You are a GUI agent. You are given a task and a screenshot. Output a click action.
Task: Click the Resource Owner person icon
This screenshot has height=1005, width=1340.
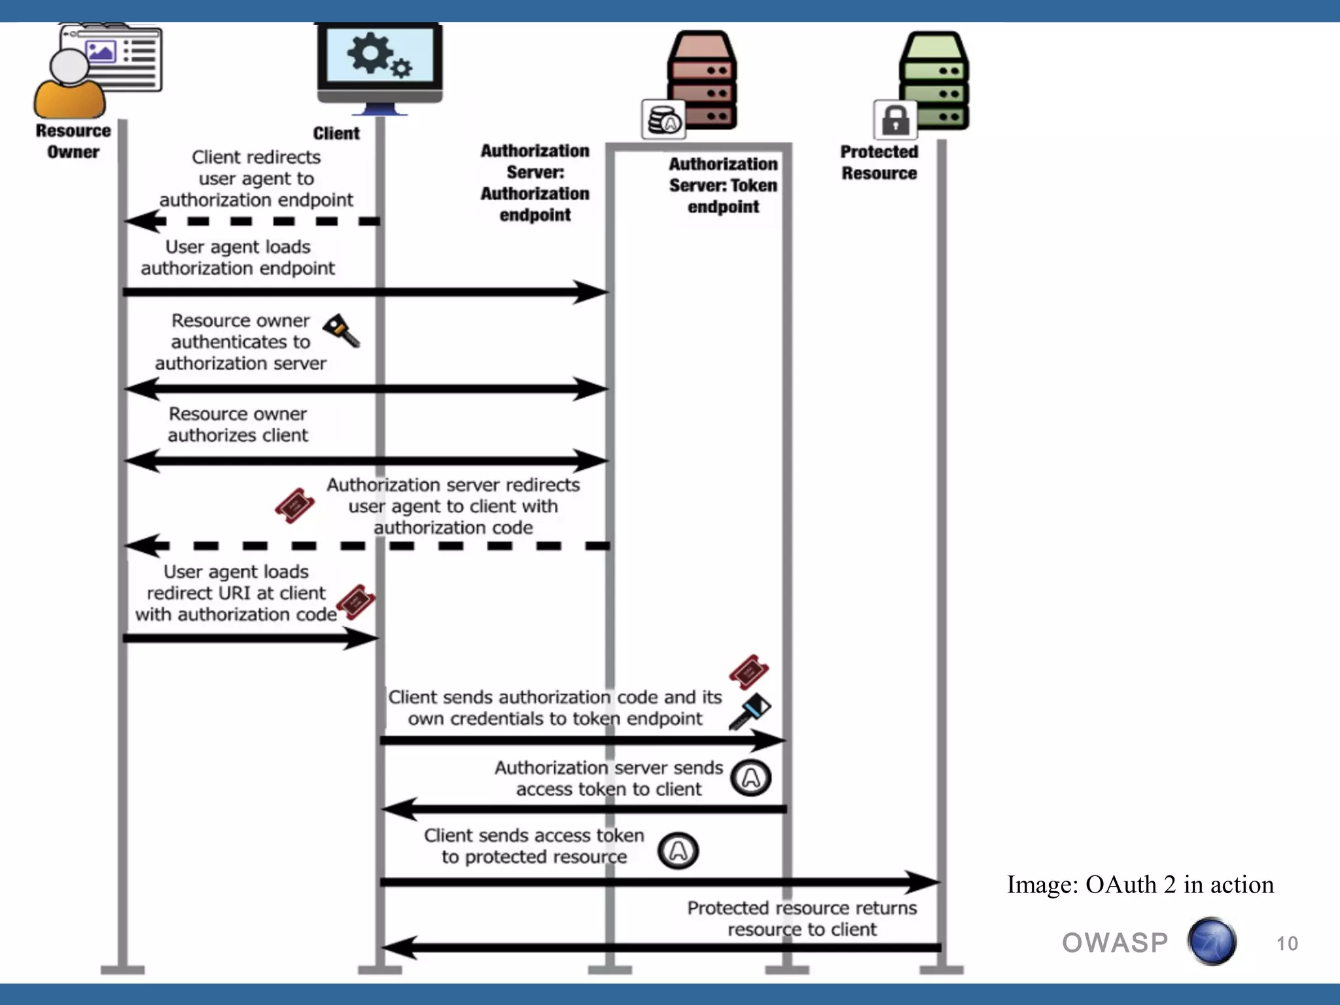70,85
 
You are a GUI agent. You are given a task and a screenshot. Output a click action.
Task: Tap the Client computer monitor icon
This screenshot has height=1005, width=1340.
379,65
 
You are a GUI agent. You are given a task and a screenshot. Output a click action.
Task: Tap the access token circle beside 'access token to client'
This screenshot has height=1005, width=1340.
750,778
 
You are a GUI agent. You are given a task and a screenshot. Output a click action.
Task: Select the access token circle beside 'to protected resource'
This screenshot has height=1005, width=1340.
678,851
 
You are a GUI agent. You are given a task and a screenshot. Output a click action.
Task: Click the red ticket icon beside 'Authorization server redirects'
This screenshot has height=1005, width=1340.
294,505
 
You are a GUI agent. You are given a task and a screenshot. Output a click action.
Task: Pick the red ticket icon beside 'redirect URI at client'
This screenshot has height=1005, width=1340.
355,602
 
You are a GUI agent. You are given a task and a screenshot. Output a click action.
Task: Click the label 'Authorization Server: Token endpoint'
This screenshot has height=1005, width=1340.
723,185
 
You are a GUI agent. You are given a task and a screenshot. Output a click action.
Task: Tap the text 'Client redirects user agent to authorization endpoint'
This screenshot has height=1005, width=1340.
256,179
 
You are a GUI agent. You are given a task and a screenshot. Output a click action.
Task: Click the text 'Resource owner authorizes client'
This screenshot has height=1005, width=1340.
238,425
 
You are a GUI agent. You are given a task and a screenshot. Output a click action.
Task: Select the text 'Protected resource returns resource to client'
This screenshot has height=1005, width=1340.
802,919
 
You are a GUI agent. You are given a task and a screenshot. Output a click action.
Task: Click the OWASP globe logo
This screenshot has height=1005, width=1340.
1212,942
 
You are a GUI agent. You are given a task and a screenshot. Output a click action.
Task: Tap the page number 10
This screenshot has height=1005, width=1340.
1286,943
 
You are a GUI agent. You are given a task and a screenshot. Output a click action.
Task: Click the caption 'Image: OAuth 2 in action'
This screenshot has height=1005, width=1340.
1140,885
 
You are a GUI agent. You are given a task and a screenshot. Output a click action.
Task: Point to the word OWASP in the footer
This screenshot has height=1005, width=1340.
1114,943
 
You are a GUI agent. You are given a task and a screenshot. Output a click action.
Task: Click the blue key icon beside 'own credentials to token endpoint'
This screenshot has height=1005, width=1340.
750,711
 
